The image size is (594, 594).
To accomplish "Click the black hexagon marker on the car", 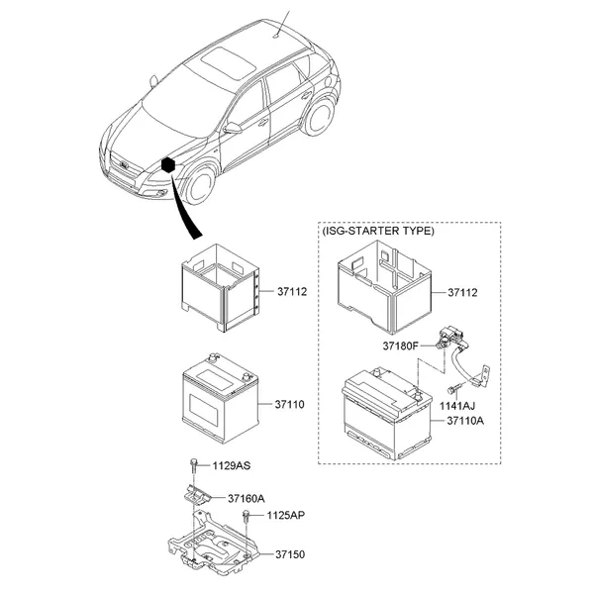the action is [168, 165].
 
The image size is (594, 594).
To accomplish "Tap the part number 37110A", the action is [465, 421].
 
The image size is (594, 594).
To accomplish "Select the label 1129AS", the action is [232, 465].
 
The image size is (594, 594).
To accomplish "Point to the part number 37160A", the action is [247, 498].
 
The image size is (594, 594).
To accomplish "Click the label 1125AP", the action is [286, 515].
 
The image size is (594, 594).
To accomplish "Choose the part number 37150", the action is [290, 554].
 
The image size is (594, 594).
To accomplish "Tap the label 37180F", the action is [400, 346].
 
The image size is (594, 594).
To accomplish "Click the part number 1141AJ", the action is [456, 406].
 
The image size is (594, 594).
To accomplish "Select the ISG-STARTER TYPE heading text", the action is [378, 231].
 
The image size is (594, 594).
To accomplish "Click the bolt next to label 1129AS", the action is [194, 465].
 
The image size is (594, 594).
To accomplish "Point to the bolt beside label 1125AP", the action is [247, 516].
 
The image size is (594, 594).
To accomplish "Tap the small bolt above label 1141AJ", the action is [452, 389].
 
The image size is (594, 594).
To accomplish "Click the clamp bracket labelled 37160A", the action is [197, 494].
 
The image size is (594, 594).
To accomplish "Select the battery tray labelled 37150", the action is [213, 545].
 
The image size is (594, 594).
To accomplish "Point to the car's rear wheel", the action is [319, 116].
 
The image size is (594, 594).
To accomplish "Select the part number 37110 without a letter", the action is [290, 405].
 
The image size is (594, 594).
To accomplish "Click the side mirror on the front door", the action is [232, 128].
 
